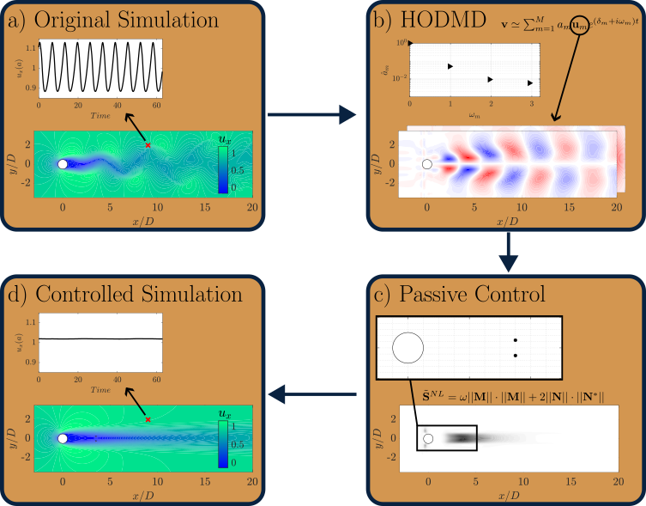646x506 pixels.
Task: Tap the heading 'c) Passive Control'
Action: pos(461,294)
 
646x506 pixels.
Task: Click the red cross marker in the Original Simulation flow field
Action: pos(148,146)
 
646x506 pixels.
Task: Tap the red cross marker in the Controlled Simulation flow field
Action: pos(148,419)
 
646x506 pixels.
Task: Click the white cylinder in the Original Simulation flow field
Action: pos(63,163)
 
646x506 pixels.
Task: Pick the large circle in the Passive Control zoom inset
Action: pos(408,348)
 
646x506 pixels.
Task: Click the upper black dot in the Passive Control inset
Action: pos(515,341)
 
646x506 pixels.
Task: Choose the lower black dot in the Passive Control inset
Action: pos(515,355)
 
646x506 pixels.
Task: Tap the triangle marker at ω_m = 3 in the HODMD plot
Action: pos(530,83)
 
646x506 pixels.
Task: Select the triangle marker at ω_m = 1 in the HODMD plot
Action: pos(450,66)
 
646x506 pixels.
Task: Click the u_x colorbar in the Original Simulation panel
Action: pos(222,168)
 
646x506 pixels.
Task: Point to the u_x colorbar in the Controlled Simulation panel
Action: pos(222,442)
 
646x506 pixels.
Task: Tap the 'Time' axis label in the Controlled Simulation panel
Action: pos(100,389)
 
